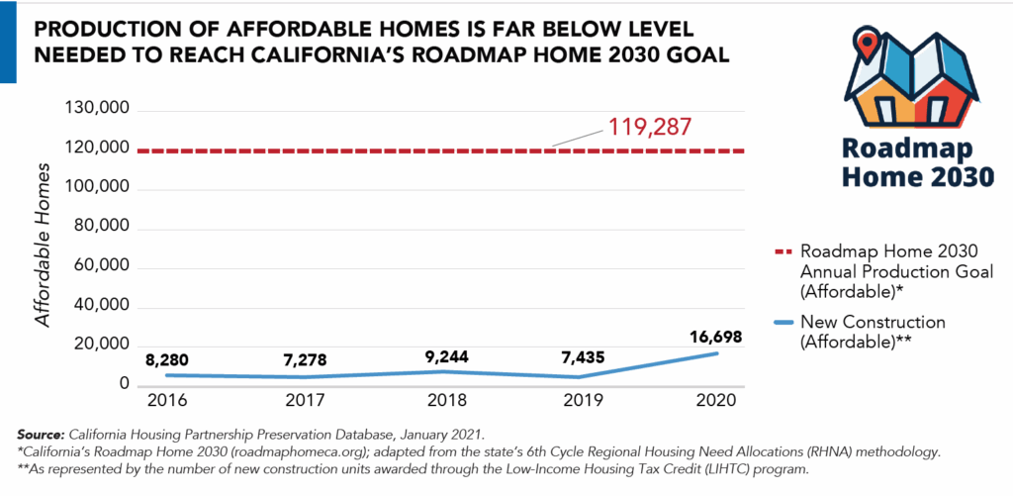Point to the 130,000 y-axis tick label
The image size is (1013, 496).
click(x=96, y=109)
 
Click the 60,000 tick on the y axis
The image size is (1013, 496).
click(x=101, y=267)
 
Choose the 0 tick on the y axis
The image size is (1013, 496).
click(x=125, y=385)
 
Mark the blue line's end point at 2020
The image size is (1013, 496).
click(x=716, y=352)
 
